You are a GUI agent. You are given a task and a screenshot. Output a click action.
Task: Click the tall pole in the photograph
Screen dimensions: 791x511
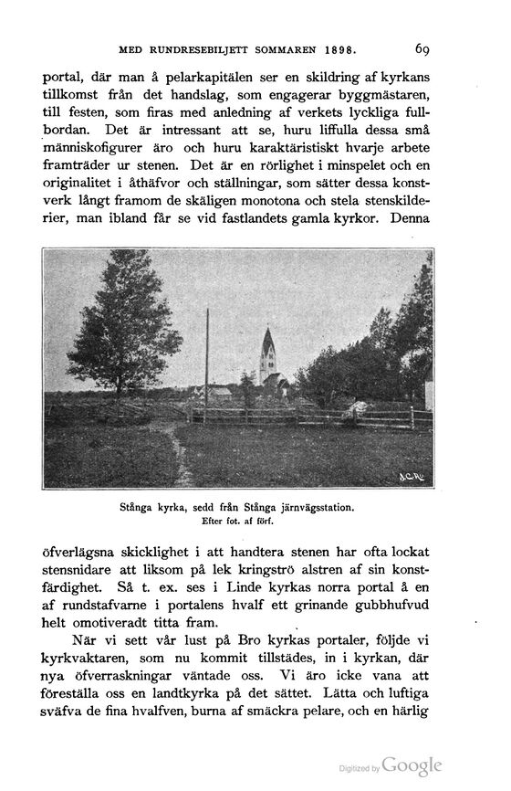(207, 365)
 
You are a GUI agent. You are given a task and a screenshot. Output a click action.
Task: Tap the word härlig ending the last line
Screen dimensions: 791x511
(412, 719)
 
